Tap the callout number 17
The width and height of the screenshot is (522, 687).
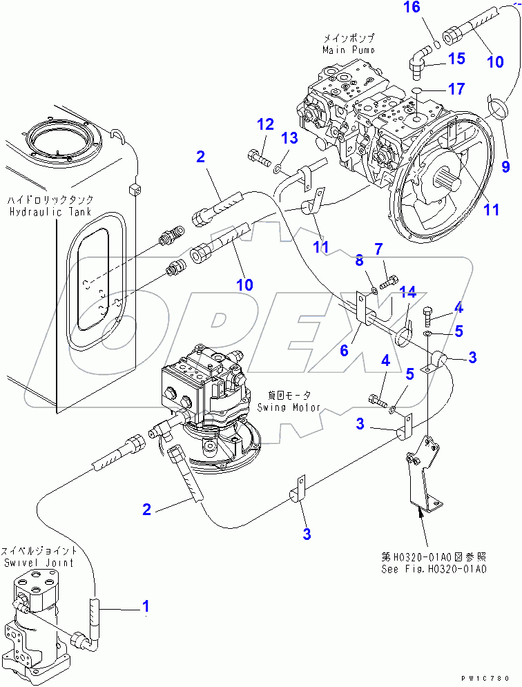pyautogui.click(x=456, y=89)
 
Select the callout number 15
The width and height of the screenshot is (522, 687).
pyautogui.click(x=456, y=59)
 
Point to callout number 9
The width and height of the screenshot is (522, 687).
pyautogui.click(x=505, y=165)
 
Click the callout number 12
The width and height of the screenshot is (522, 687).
pyautogui.click(x=266, y=124)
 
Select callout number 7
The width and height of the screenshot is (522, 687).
pyautogui.click(x=378, y=248)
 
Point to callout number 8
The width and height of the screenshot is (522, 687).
pyautogui.click(x=358, y=260)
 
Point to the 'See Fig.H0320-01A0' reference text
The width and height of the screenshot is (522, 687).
pyautogui.click(x=434, y=570)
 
